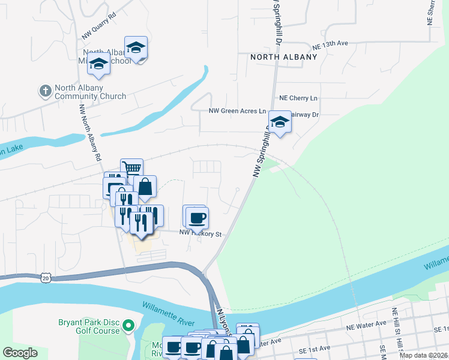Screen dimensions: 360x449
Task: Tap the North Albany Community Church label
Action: tap(90, 92)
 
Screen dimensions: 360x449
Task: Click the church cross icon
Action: tap(44, 91)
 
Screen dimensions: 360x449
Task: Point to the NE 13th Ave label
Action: tap(330, 45)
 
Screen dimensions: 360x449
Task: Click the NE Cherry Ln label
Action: tap(298, 98)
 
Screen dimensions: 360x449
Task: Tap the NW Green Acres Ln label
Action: tap(237, 111)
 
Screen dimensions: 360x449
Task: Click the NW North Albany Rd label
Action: tap(90, 133)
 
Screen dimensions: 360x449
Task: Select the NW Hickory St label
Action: tap(201, 234)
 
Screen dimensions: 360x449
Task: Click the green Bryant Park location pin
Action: tap(128, 326)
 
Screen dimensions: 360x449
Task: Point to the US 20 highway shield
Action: tap(46, 278)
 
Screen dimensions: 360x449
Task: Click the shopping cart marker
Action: tap(131, 169)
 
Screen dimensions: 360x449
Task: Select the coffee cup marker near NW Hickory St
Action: tap(196, 216)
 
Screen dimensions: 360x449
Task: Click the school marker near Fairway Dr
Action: tap(279, 122)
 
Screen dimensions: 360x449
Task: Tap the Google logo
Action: tap(20, 352)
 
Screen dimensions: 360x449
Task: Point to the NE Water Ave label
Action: tap(366, 324)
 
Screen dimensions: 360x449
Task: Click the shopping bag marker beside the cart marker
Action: tap(145, 187)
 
